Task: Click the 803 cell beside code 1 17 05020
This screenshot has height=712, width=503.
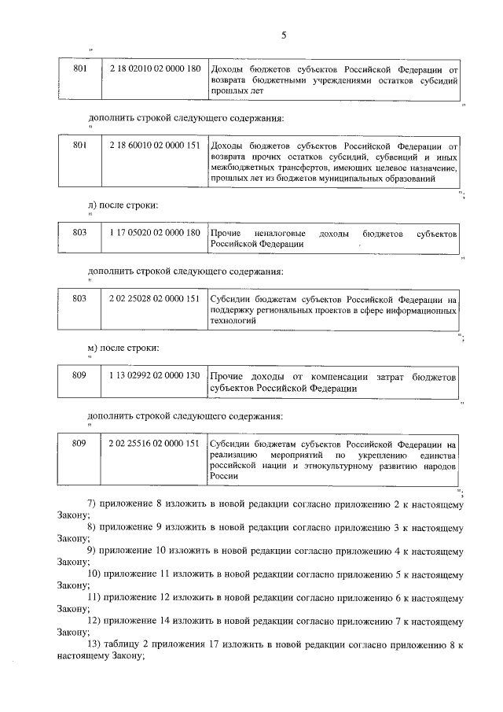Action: point(79,234)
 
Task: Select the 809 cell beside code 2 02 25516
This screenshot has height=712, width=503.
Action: point(79,444)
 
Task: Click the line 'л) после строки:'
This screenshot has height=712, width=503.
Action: point(123,205)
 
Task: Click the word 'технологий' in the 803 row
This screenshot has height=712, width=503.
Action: point(233,322)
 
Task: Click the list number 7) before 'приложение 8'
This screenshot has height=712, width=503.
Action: point(91,501)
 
